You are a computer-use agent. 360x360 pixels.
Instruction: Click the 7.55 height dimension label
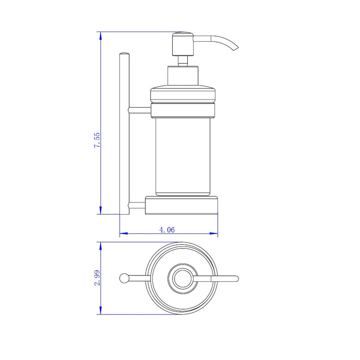(97, 141)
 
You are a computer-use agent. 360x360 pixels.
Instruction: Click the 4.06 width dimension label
(167, 229)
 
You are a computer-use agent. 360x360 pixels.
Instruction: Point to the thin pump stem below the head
(183, 61)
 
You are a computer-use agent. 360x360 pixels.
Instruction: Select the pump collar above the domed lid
(183, 75)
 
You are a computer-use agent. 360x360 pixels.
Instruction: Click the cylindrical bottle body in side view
(183, 155)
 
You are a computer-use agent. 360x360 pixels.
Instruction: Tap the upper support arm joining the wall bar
(139, 109)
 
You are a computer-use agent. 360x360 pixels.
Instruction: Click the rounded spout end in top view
(236, 278)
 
